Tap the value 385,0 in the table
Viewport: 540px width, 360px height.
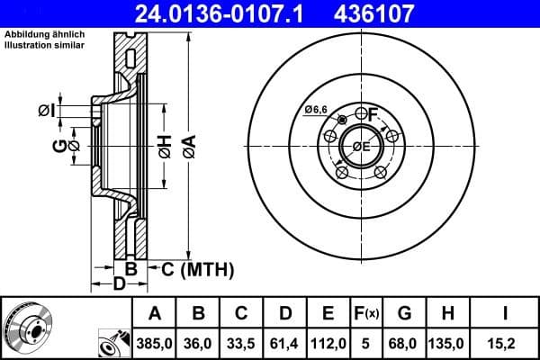tap(155, 342)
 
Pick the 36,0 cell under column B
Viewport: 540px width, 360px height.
tap(199, 342)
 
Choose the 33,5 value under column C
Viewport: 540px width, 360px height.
tap(242, 342)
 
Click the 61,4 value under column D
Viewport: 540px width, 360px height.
tap(285, 342)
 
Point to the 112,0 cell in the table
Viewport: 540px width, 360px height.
tap(328, 342)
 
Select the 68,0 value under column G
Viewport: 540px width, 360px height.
tap(404, 342)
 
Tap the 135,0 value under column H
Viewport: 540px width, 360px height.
tap(447, 342)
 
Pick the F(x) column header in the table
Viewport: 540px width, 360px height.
tap(366, 313)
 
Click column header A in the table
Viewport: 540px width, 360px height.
tap(155, 313)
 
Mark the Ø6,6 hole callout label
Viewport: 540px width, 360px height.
tap(315, 109)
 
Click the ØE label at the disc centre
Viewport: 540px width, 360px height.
tap(361, 147)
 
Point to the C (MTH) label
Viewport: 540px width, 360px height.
tap(197, 268)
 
